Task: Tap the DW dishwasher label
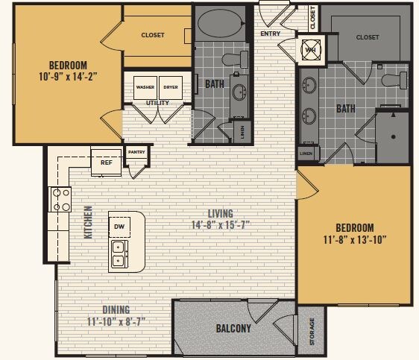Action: pos(119,226)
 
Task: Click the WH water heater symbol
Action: pos(310,50)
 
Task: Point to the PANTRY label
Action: pos(136,152)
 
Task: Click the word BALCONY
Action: pos(233,328)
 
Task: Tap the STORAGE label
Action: pos(312,332)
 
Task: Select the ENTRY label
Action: pos(270,34)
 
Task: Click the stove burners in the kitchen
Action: pos(60,200)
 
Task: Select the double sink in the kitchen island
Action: pos(119,253)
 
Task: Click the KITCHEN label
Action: pos(88,221)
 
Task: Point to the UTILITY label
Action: pos(157,103)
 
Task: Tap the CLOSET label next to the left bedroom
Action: pos(153,34)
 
